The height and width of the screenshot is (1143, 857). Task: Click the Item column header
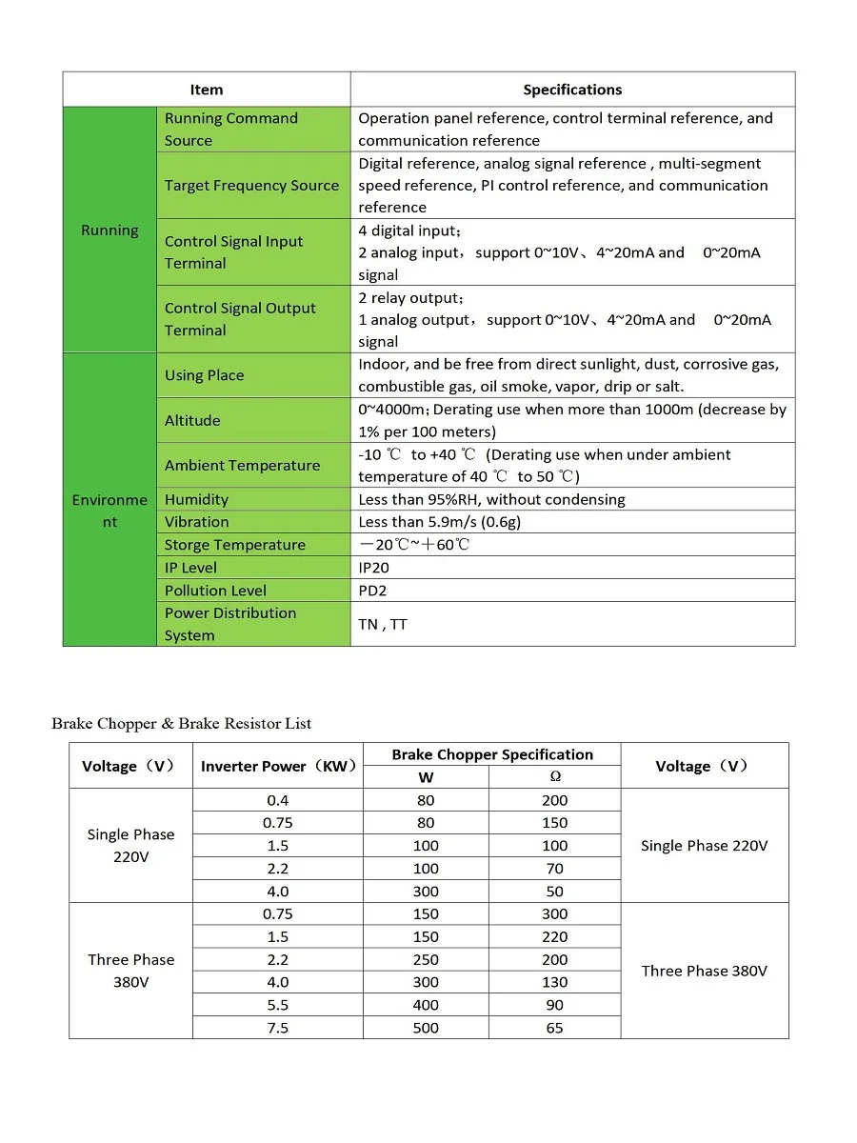(x=206, y=90)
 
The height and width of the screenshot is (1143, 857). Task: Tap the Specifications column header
(x=572, y=90)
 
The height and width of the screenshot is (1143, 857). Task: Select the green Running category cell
(x=110, y=231)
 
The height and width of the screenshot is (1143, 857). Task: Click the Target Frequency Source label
(x=251, y=186)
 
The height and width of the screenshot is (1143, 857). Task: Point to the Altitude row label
(x=192, y=420)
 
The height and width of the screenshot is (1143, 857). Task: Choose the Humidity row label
(x=196, y=499)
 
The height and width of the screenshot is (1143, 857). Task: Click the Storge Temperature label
(x=234, y=545)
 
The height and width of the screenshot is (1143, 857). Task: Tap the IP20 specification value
(x=373, y=568)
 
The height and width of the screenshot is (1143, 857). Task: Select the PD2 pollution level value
(x=372, y=591)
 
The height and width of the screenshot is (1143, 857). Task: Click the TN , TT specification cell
(x=383, y=625)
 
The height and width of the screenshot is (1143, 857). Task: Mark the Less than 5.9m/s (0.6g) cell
(x=439, y=522)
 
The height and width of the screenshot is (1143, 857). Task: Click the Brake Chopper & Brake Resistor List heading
(x=182, y=724)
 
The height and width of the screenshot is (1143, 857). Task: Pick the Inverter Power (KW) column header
(x=277, y=766)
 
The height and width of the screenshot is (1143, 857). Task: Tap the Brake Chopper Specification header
(x=492, y=754)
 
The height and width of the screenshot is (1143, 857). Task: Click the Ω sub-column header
(x=555, y=777)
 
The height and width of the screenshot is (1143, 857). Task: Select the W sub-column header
(x=426, y=777)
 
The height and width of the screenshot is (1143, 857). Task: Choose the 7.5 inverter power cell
(x=277, y=1028)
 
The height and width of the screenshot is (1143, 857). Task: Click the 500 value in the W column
(x=426, y=1028)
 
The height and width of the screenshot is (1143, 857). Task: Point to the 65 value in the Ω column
(x=555, y=1028)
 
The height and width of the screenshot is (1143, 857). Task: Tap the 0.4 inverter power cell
(x=277, y=800)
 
